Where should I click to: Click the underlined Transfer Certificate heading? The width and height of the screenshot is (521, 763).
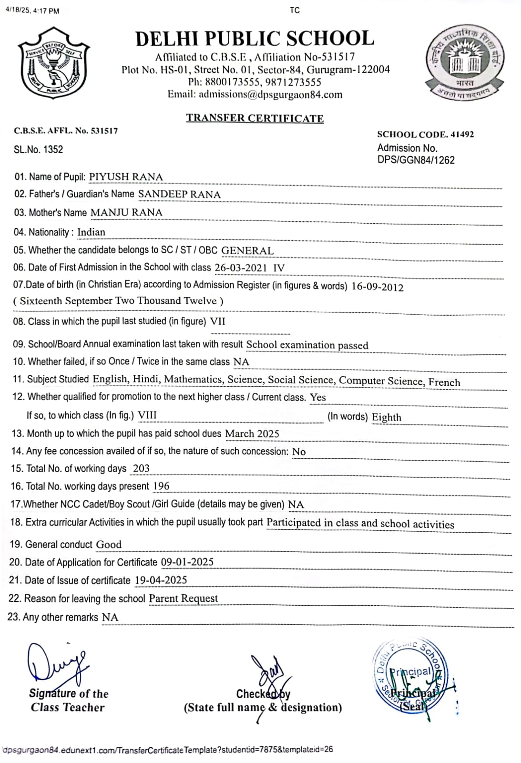[255, 118]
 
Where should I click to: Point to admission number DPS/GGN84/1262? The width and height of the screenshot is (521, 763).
[416, 160]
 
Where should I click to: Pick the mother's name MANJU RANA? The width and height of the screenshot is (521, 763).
[126, 212]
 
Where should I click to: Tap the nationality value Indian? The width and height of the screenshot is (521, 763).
[91, 232]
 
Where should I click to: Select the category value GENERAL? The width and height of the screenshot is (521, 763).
[247, 250]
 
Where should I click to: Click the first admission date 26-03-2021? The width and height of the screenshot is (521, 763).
[241, 268]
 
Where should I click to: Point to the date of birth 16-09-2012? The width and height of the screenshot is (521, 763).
[377, 287]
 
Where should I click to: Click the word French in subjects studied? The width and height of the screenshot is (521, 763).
[444, 382]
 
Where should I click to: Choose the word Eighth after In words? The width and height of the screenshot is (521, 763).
[386, 417]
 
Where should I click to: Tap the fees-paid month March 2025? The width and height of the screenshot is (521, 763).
[252, 433]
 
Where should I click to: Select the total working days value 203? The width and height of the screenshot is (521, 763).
[141, 468]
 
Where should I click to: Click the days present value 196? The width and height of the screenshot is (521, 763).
[161, 486]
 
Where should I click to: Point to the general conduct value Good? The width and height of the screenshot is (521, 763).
[109, 544]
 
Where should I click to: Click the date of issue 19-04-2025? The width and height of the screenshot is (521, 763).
[161, 580]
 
